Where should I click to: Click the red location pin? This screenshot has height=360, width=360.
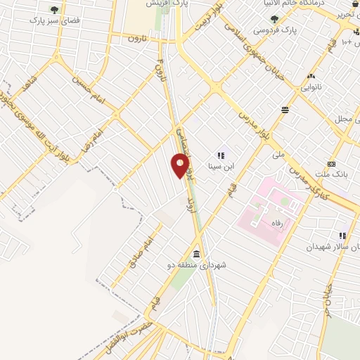coord(181,165)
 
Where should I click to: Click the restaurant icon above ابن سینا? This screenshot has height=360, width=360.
coord(220,155)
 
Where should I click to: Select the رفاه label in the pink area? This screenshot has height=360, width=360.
coord(266,223)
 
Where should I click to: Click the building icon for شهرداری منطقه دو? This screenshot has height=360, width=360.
coord(196,253)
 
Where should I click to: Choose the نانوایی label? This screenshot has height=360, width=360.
coord(314,88)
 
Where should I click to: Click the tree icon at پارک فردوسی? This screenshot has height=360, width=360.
coord(274,19)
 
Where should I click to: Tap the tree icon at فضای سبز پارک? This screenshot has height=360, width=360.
coord(55,10)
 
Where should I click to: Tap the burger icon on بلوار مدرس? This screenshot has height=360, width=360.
coord(285,110)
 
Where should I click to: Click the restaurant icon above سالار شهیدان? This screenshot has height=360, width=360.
coord(342,236)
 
